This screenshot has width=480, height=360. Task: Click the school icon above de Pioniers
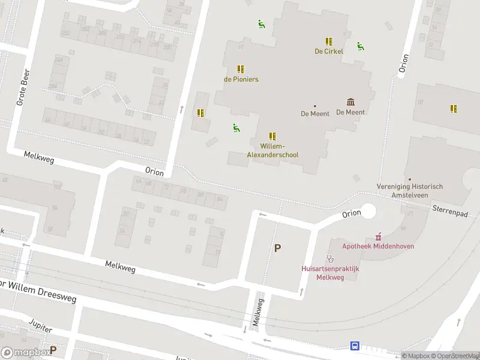pos(240,69)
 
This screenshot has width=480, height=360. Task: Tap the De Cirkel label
pos(329,51)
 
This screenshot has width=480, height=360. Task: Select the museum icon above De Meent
pos(350,102)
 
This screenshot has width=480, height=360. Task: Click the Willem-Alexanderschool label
pos(272,151)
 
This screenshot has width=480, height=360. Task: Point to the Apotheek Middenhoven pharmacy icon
pos(378,237)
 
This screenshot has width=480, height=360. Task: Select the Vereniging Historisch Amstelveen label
pos(410,190)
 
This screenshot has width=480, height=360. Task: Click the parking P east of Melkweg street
pos(277,248)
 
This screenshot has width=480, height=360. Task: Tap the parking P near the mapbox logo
pos(53,350)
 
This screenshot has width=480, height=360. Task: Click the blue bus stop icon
pos(355,346)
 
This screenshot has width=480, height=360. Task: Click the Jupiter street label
pos(41,326)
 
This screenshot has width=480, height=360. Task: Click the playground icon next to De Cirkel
pos(360,46)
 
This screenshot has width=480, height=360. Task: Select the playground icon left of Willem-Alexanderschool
pos(236,127)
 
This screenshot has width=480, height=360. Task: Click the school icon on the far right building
pos(454,109)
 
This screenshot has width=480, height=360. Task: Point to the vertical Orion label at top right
pos(403,64)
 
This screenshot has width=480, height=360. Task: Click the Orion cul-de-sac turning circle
pos(368,211)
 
